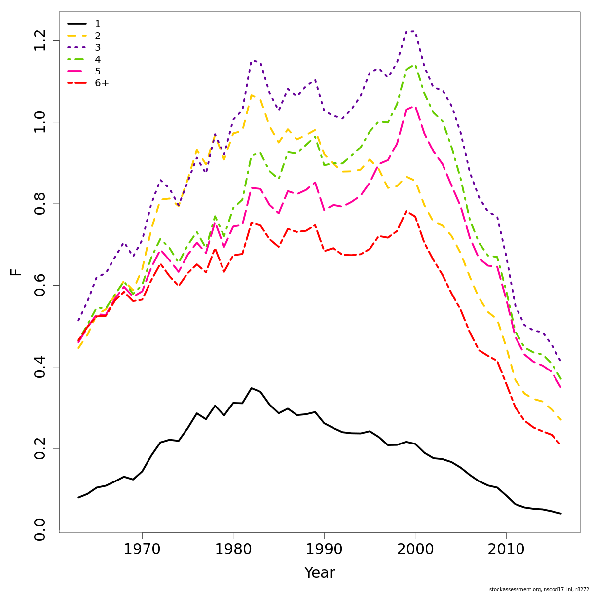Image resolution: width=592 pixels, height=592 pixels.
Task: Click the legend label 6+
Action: click(x=102, y=83)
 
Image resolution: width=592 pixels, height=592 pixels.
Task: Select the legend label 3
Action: click(x=98, y=48)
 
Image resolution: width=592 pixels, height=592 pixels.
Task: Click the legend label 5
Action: click(x=98, y=72)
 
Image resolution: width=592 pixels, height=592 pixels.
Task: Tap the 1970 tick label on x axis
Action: click(x=142, y=550)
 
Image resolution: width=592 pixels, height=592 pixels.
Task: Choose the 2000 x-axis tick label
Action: click(x=415, y=550)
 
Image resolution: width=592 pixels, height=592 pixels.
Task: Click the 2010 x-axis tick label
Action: click(x=506, y=550)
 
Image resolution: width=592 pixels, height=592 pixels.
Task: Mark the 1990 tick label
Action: click(x=324, y=550)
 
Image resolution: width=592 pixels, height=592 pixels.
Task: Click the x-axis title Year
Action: click(x=319, y=573)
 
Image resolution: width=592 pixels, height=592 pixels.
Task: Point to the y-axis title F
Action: click(x=16, y=272)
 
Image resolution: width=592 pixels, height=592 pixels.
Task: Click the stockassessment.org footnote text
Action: click(x=539, y=589)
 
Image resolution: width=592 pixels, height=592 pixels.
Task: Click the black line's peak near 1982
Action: click(x=251, y=388)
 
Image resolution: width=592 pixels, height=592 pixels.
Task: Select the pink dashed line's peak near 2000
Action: click(x=414, y=106)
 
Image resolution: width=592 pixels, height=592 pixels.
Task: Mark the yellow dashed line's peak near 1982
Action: click(x=251, y=95)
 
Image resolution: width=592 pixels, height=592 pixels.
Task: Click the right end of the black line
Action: click(x=561, y=514)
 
